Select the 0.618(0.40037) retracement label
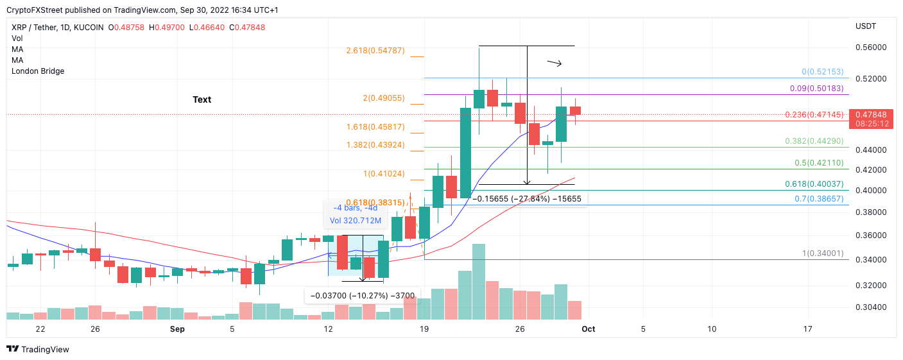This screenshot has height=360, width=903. pos(814,184)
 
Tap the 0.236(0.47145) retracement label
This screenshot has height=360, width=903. pos(814,114)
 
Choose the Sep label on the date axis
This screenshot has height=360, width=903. pos(178,329)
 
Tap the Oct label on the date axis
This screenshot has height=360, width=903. pos(588,329)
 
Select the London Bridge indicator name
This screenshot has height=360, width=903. pos(38,71)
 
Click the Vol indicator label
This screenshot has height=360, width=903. pos(17,39)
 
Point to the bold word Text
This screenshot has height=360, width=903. pos(202,99)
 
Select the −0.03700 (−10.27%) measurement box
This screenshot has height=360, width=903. pos(362,296)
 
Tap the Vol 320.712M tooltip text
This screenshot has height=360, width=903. pos(356,221)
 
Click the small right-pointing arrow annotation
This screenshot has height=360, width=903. pos(555,63)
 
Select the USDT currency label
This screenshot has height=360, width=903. pos(866,26)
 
